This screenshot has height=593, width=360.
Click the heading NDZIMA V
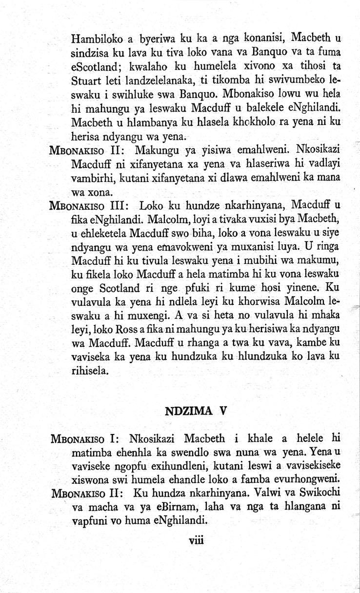196,410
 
